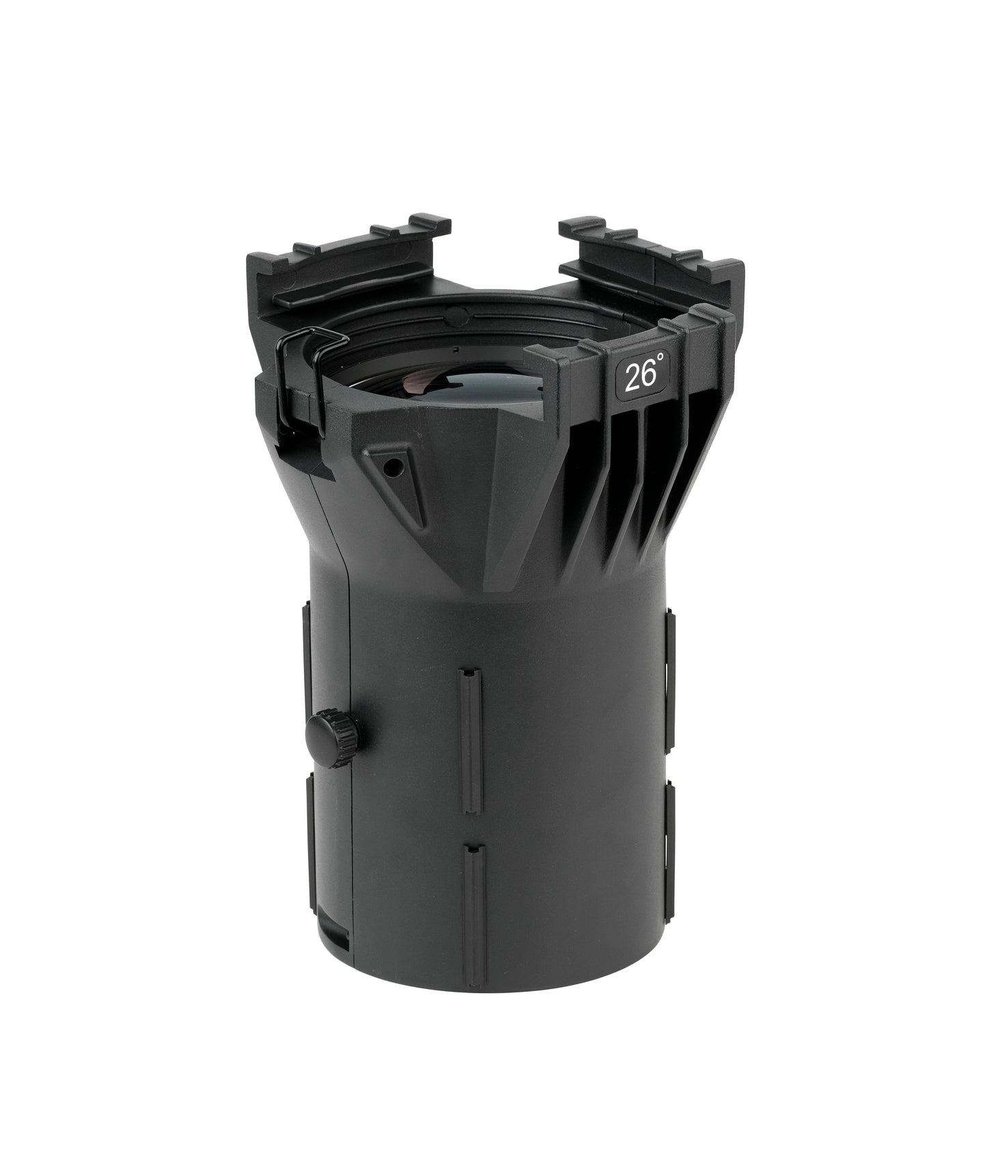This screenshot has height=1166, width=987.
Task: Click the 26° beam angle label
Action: click(641, 376)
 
